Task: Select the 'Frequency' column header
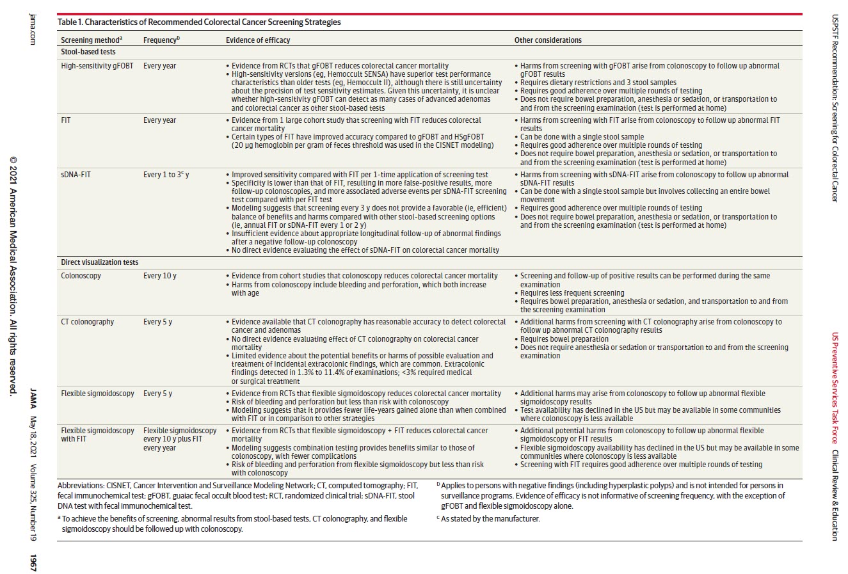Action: point(161,40)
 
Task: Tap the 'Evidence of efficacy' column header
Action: point(257,40)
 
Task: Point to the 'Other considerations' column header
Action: point(548,40)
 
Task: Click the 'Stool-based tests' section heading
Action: point(88,52)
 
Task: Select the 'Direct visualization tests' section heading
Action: point(99,262)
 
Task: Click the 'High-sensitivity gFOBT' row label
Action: point(97,66)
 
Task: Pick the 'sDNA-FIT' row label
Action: point(76,175)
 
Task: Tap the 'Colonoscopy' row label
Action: point(81,276)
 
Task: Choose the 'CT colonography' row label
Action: point(87,322)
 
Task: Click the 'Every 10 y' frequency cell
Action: point(159,276)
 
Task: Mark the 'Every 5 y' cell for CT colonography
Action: point(157,322)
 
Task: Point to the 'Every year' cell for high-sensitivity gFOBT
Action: point(159,66)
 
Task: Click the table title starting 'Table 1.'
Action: point(199,22)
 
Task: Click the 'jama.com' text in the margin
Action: point(33,29)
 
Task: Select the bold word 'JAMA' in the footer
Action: point(33,398)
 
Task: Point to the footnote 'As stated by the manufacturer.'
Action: point(490,518)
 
